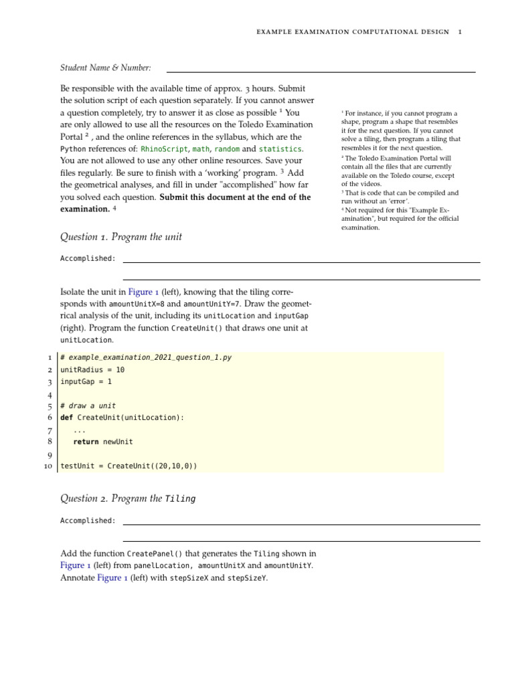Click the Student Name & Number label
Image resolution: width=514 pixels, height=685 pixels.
105,68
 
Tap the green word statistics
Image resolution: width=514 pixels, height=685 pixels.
280,149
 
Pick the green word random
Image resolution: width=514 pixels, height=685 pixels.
226,149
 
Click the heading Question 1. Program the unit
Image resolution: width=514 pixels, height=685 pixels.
121,237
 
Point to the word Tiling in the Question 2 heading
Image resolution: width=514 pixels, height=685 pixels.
180,499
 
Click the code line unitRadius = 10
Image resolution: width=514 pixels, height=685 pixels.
92,369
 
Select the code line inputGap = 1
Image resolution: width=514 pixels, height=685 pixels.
86,381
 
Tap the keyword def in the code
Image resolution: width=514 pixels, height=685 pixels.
67,417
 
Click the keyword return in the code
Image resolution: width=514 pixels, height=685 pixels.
86,442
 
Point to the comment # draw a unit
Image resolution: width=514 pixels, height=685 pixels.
88,405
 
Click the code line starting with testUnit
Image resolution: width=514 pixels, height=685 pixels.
128,466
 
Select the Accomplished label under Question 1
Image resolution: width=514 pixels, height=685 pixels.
88,258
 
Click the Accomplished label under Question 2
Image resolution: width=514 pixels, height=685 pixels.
88,520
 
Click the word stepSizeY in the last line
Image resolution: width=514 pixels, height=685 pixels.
246,578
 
